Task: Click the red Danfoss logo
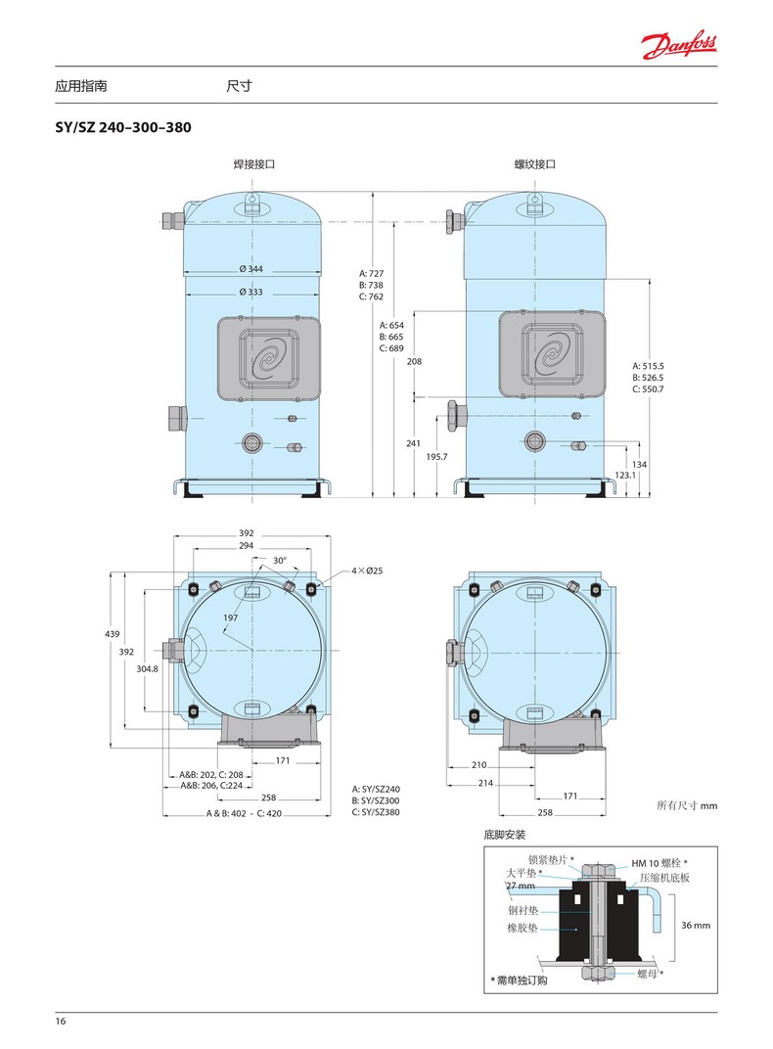tap(679, 45)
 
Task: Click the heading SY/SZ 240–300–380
tap(123, 127)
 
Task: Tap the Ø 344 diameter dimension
tap(251, 269)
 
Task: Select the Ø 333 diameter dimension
tap(251, 292)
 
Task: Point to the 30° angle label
tap(280, 560)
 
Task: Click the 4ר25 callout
tap(367, 570)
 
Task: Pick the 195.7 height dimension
tap(436, 456)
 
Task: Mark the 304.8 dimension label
tap(147, 668)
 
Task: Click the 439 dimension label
tap(113, 633)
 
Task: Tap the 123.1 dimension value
tap(625, 475)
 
